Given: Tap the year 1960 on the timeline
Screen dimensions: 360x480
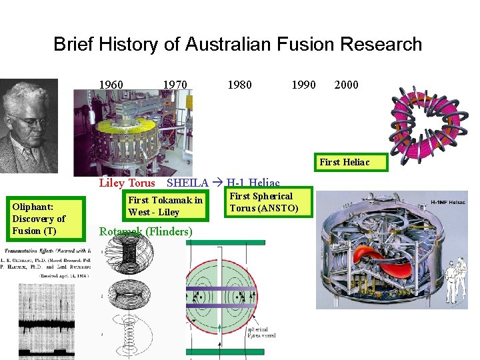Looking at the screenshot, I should [x=111, y=85].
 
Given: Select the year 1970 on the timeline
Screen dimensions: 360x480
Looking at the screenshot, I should [x=175, y=85].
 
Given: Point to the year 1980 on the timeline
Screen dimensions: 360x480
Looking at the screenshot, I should [x=239, y=85].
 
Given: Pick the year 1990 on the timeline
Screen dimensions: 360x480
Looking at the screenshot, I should [x=303, y=85].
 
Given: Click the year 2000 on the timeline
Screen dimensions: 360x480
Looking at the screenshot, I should [x=346, y=85].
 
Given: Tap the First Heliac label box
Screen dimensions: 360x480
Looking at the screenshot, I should [x=344, y=162].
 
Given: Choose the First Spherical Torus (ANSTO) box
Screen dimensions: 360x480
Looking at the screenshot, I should [x=261, y=202].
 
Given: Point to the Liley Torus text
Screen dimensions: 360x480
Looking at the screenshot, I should [x=127, y=183].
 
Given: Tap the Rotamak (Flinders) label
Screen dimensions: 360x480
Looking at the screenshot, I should [x=145, y=232].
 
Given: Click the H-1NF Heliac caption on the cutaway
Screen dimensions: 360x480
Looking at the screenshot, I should [x=446, y=201].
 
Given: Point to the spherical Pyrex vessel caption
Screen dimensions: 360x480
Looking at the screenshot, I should [x=261, y=333].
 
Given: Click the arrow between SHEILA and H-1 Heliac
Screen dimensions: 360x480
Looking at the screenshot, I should [x=218, y=183].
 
